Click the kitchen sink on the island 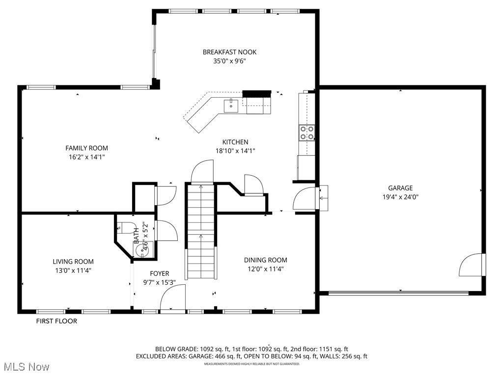[x=231, y=105]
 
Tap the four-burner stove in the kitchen [x=307, y=133]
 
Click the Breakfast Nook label [x=229, y=52]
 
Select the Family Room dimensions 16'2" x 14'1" [x=87, y=157]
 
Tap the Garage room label [x=400, y=188]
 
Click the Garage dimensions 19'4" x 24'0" [x=400, y=197]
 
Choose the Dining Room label [x=266, y=260]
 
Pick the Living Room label [x=73, y=262]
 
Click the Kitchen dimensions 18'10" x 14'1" [x=235, y=151]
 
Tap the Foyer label [x=160, y=273]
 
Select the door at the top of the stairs [x=202, y=173]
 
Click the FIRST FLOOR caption [x=56, y=322]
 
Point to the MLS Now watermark [x=26, y=367]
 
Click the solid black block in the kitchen [x=257, y=93]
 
